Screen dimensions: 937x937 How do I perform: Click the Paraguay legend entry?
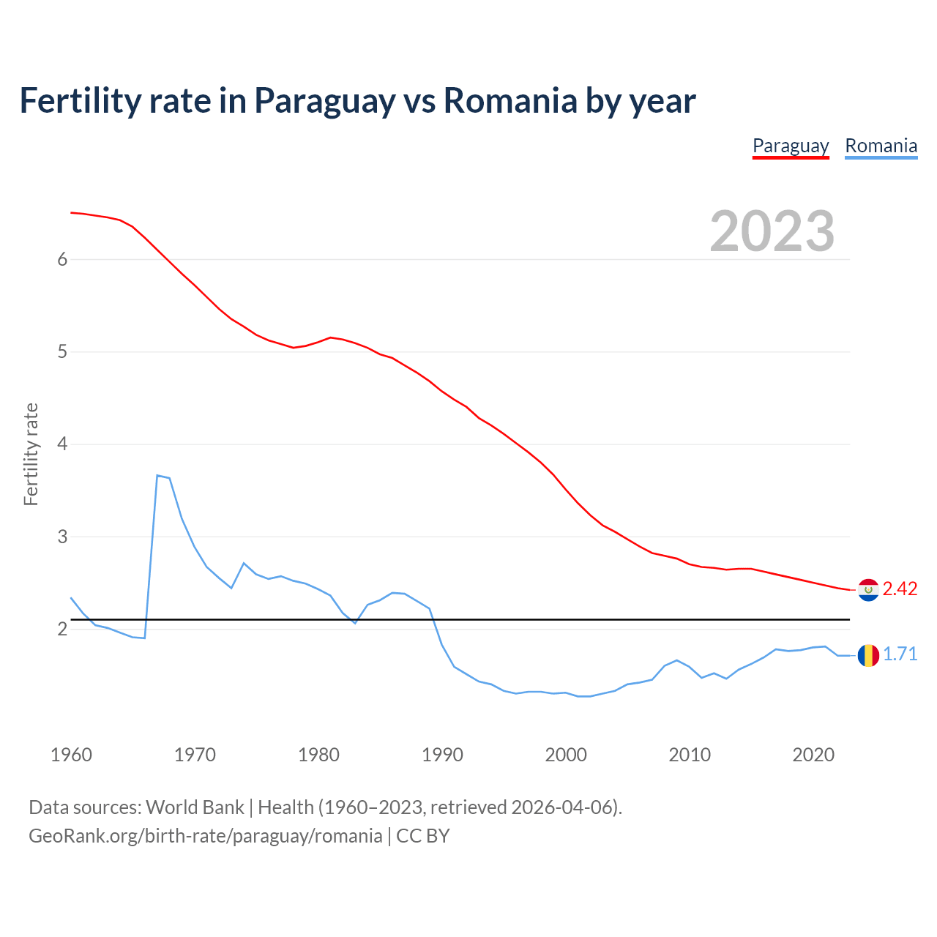tap(791, 146)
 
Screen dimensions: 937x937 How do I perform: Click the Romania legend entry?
tap(881, 146)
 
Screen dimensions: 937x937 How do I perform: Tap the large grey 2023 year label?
tap(772, 231)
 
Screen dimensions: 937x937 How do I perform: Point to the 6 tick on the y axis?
tap(62, 259)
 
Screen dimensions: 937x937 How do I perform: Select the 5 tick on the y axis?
tap(62, 352)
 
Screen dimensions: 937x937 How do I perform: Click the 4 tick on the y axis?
tap(62, 444)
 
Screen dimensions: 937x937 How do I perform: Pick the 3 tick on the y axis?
tap(62, 537)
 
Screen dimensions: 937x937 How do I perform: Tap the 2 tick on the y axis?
tap(62, 630)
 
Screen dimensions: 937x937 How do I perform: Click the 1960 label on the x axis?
tap(71, 755)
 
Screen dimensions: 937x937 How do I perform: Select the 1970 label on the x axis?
tap(195, 755)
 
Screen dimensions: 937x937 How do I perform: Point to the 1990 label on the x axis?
tap(442, 755)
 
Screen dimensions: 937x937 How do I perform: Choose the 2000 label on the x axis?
tap(566, 755)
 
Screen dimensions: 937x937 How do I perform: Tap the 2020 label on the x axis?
tap(813, 755)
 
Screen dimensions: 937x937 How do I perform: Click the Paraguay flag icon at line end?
tap(868, 589)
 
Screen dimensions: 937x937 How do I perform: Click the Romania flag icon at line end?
tap(868, 655)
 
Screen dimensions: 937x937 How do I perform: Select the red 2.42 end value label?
tap(900, 589)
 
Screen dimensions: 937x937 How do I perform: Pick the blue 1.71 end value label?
tap(900, 654)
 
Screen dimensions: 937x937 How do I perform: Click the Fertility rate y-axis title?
tap(31, 454)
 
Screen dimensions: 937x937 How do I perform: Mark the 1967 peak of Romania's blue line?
tap(157, 476)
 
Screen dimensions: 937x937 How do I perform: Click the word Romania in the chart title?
tap(510, 100)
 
